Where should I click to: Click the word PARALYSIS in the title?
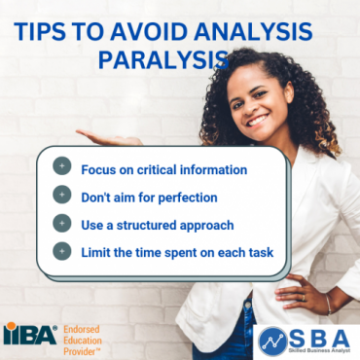(162, 60)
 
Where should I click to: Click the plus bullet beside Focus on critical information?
(63, 168)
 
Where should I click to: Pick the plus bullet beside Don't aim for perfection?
(63, 196)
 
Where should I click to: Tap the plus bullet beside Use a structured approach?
(63, 223)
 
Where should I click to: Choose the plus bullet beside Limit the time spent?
(63, 251)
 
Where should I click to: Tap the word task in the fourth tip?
(257, 252)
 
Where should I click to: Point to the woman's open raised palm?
(107, 136)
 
